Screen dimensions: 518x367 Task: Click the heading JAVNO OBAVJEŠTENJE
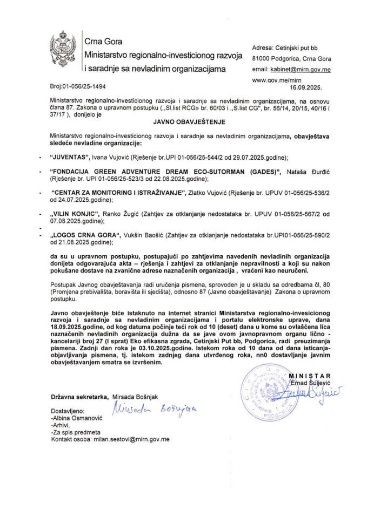click(x=183, y=122)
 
